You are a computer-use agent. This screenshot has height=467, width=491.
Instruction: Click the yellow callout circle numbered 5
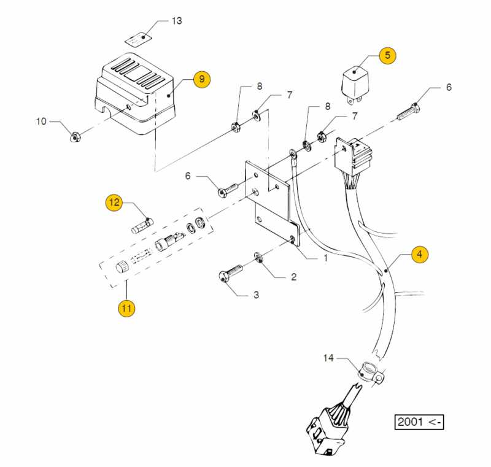click(387, 55)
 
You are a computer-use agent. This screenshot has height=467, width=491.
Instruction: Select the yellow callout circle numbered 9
click(202, 79)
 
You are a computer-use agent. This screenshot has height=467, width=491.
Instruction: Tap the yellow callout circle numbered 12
click(114, 203)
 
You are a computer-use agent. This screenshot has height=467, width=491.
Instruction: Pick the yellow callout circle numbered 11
click(126, 308)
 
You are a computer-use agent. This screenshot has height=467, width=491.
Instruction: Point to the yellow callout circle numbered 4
click(420, 254)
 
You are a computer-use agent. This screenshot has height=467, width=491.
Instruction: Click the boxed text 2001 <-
click(419, 422)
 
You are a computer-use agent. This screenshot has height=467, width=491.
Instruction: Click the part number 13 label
click(177, 21)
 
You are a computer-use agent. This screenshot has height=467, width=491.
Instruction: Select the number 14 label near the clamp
click(328, 358)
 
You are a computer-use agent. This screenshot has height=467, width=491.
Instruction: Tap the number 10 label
click(41, 121)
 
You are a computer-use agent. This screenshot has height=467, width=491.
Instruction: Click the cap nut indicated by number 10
click(75, 137)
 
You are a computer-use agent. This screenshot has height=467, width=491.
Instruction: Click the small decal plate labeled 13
click(137, 39)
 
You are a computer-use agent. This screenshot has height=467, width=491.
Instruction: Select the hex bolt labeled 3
click(231, 273)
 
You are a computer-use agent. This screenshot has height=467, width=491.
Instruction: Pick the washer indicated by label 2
click(258, 258)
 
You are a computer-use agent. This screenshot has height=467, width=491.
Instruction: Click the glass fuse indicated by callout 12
click(142, 226)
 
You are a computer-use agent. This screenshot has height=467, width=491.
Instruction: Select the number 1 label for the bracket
click(326, 258)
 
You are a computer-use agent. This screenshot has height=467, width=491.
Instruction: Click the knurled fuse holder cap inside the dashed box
click(122, 268)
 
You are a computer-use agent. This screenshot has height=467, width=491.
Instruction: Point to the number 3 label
click(256, 295)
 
